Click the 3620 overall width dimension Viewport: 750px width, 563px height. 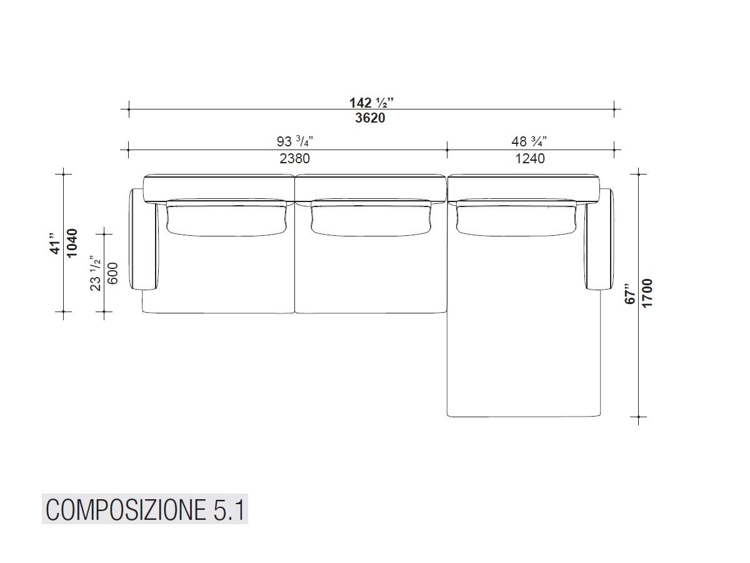(x=371, y=118)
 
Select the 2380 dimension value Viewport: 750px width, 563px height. (x=294, y=158)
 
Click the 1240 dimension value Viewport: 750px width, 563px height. (x=530, y=158)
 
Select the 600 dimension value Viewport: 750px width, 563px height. (x=113, y=273)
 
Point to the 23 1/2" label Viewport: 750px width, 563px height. (x=96, y=273)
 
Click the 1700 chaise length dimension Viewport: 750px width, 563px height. (x=647, y=293)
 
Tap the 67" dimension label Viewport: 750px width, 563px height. (x=631, y=293)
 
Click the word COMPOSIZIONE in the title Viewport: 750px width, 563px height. (x=123, y=510)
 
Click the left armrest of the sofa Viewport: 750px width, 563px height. (x=144, y=239)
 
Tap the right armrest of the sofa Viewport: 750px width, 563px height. (x=601, y=239)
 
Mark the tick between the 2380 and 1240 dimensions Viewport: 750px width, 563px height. (x=447, y=150)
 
